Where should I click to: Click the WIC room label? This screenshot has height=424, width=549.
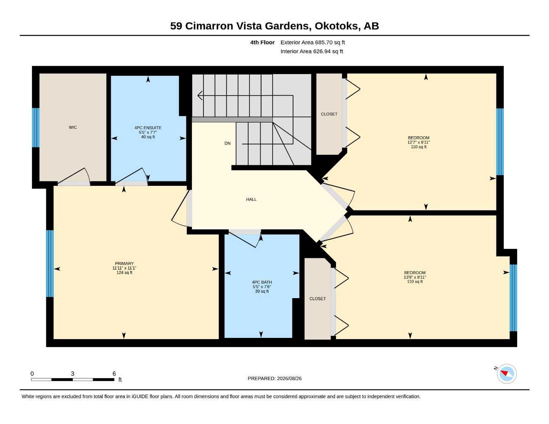point(73,128)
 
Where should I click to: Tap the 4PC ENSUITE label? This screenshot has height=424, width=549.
point(148,128)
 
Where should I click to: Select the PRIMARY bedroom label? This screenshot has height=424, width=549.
point(124,263)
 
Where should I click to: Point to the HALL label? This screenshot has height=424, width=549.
point(252,200)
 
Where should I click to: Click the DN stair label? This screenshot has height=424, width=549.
point(227,143)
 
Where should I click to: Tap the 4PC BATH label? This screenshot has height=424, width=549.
point(262,282)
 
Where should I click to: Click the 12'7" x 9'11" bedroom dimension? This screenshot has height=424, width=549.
point(418,142)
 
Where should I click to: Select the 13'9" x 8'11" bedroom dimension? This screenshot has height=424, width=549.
point(415,277)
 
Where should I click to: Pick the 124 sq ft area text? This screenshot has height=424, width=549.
point(124,272)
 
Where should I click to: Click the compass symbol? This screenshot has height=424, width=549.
point(507,374)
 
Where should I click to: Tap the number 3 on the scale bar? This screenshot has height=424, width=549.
point(73,373)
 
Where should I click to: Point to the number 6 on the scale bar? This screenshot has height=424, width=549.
point(114,373)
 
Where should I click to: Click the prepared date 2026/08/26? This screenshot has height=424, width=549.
point(289,378)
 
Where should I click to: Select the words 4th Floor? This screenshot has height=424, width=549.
point(262,42)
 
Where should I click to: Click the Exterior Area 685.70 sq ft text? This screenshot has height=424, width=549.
point(312,42)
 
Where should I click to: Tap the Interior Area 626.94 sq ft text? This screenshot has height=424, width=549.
point(312,51)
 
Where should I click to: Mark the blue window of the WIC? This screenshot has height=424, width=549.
point(36,128)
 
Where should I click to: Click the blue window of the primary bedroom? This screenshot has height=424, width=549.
point(50,263)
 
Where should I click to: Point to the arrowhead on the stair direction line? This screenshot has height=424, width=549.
point(200,95)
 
